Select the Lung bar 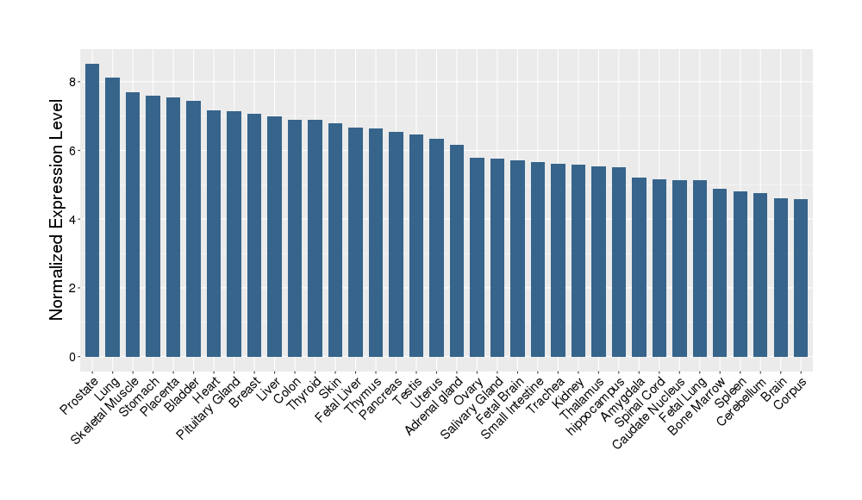point(112,216)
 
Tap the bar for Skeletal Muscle point(133,224)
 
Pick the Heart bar point(214,233)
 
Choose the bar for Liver point(274,236)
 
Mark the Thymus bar point(376,242)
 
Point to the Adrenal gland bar point(457,250)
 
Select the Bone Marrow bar point(720,272)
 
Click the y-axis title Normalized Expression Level point(57,209)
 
